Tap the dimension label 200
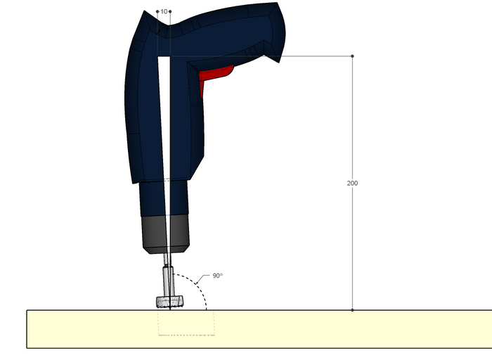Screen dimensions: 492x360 click(x=352, y=184)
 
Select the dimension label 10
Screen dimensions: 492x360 click(x=164, y=12)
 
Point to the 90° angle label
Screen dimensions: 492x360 click(x=217, y=276)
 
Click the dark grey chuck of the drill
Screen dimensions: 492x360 click(x=166, y=234)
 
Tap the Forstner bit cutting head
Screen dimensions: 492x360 click(x=170, y=302)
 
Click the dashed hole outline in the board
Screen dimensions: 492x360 click(x=186, y=335)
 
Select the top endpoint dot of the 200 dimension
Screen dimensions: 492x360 click(x=352, y=56)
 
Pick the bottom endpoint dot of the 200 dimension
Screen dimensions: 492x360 click(x=352, y=310)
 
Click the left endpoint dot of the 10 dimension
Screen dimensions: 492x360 click(x=157, y=12)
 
